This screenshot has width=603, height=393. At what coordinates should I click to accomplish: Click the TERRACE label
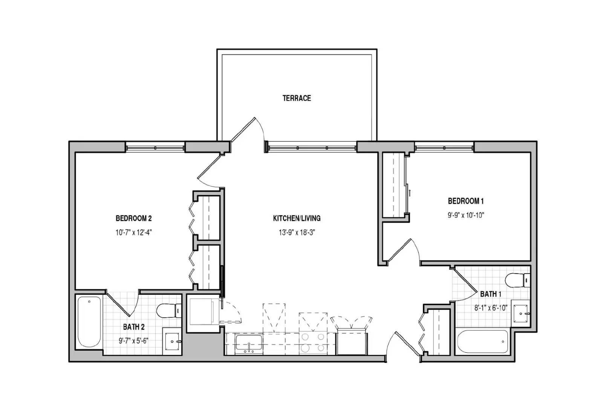click(297, 98)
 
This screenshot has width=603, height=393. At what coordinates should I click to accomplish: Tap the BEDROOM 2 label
click(133, 218)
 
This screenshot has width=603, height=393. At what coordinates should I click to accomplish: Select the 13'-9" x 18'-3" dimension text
click(297, 232)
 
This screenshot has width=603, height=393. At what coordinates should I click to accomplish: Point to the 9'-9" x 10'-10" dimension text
click(465, 215)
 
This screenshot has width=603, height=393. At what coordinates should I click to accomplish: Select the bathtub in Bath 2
click(89, 322)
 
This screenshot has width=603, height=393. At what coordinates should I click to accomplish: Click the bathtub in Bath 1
click(483, 342)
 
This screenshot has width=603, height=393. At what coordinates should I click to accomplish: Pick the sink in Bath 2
click(173, 341)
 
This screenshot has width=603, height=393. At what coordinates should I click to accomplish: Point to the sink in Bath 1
click(522, 313)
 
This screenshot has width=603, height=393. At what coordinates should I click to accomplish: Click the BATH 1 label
click(490, 294)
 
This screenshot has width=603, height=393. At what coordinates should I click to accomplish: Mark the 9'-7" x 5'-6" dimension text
click(133, 341)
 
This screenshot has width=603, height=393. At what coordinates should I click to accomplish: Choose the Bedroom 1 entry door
click(403, 251)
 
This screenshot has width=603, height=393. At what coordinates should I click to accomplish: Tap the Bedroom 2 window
click(155, 147)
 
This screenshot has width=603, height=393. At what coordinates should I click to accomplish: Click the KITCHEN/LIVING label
click(297, 218)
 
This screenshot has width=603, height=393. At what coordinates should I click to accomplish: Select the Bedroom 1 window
click(444, 147)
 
